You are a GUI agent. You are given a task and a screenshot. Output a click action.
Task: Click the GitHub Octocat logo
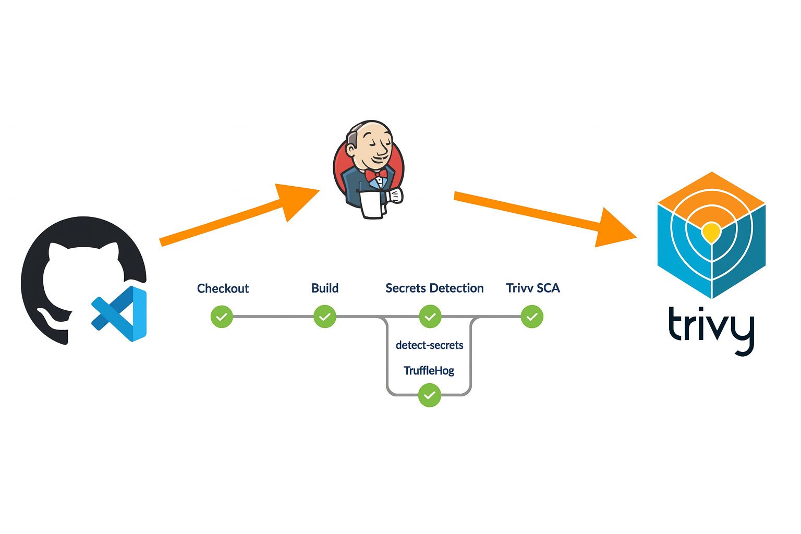78,276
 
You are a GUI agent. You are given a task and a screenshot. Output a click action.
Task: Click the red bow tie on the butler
375,174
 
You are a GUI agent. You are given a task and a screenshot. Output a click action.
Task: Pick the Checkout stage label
223,288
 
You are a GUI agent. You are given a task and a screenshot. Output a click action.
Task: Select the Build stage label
325,288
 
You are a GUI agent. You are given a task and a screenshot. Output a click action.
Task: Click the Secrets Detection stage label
434,288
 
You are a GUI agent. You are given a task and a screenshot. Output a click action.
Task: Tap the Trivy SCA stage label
532,288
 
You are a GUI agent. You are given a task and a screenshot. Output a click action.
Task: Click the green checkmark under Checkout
222,317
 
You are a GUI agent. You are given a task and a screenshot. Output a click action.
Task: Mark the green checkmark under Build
325,317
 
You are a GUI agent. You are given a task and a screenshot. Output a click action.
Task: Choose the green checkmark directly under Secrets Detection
430,317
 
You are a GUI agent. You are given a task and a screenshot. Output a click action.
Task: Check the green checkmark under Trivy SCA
532,317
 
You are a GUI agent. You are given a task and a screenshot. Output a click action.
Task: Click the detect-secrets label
429,345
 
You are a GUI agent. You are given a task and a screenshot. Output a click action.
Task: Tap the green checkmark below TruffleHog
429,395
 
